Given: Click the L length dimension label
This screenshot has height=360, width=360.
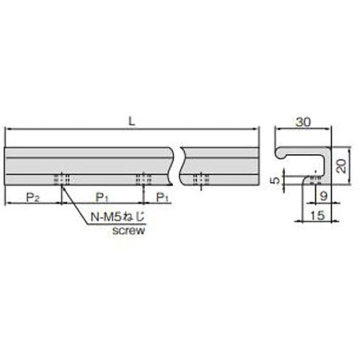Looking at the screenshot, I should (x=132, y=121).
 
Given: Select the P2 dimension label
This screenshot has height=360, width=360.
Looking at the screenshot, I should (x=31, y=196).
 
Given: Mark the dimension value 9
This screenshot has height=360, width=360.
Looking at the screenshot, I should (x=323, y=196).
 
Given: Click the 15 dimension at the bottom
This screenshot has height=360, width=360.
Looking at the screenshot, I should (x=317, y=215).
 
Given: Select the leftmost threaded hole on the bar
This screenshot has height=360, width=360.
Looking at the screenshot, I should (x=62, y=179).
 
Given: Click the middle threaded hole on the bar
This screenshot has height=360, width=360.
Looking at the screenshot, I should (x=143, y=179).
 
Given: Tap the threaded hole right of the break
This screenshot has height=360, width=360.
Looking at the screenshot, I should (x=199, y=179).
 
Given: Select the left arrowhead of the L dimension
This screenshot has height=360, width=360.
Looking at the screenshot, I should (x=7, y=130).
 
